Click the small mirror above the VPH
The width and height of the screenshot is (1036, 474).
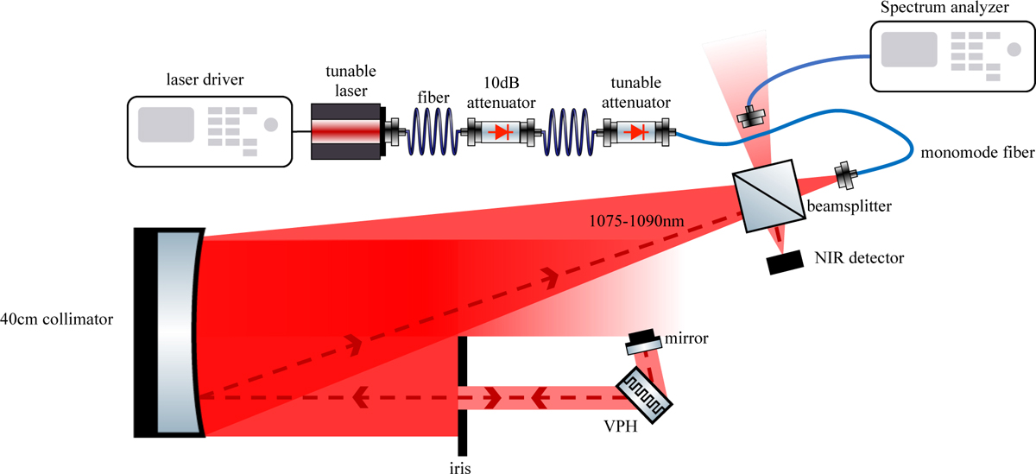point(643,340)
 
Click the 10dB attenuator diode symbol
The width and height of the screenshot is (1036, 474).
point(501,134)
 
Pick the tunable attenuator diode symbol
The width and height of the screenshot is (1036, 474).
point(638,133)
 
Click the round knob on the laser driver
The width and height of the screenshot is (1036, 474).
point(271,124)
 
